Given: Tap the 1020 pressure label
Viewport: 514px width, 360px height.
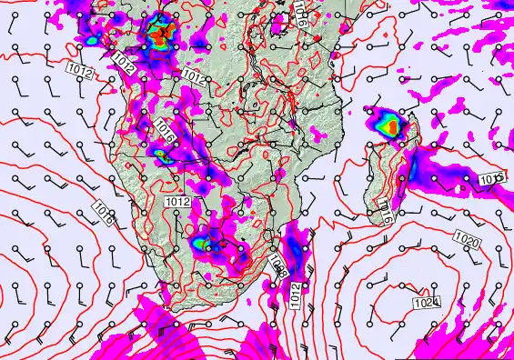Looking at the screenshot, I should click(467, 241).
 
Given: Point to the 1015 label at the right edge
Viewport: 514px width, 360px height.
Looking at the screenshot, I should click(491, 178).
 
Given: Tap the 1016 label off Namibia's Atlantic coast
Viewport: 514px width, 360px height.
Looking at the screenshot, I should click(103, 214).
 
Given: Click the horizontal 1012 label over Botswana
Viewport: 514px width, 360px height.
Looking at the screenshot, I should click(178, 200).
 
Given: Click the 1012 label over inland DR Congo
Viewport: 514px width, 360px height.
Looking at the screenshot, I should click(193, 75).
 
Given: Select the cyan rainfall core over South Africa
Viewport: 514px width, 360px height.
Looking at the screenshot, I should click(199, 243).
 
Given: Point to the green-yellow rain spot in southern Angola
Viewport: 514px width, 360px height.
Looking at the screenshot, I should click(165, 156).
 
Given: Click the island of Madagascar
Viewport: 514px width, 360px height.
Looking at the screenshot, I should click(382, 177).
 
